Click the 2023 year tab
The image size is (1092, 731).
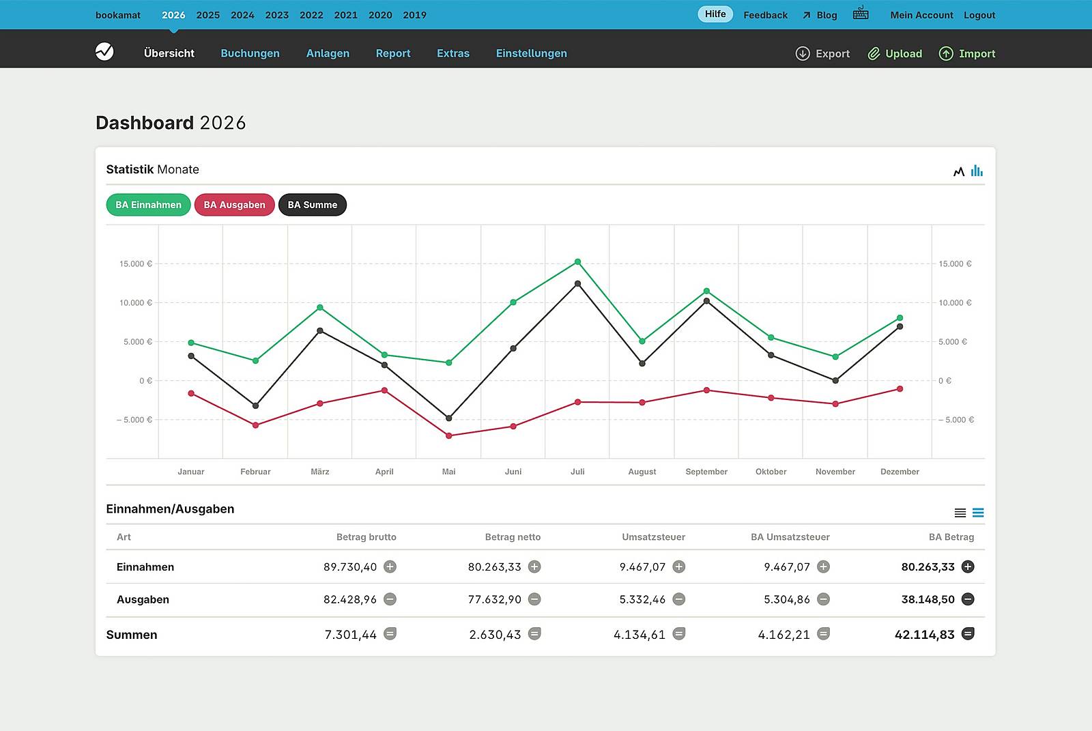point(276,15)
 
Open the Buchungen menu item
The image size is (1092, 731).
point(250,53)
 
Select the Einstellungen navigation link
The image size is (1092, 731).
point(531,53)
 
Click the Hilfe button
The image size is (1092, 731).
point(715,14)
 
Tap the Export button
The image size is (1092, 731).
point(822,53)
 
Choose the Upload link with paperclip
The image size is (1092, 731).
point(895,53)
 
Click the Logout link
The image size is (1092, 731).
point(979,15)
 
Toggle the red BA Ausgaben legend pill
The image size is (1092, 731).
point(234,205)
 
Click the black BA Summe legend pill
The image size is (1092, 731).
point(312,205)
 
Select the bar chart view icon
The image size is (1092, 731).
point(977,171)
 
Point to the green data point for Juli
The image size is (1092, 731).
point(577,262)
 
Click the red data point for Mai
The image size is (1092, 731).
point(448,435)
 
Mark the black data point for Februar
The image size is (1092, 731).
point(256,406)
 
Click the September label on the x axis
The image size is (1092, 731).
point(706,472)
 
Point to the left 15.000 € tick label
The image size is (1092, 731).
point(135,263)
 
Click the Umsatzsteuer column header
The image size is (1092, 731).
point(653,537)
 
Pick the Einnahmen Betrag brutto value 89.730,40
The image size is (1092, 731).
point(349,567)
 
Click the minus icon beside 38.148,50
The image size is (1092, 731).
point(967,599)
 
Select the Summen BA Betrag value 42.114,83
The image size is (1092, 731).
point(924,635)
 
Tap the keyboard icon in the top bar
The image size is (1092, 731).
point(860,13)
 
